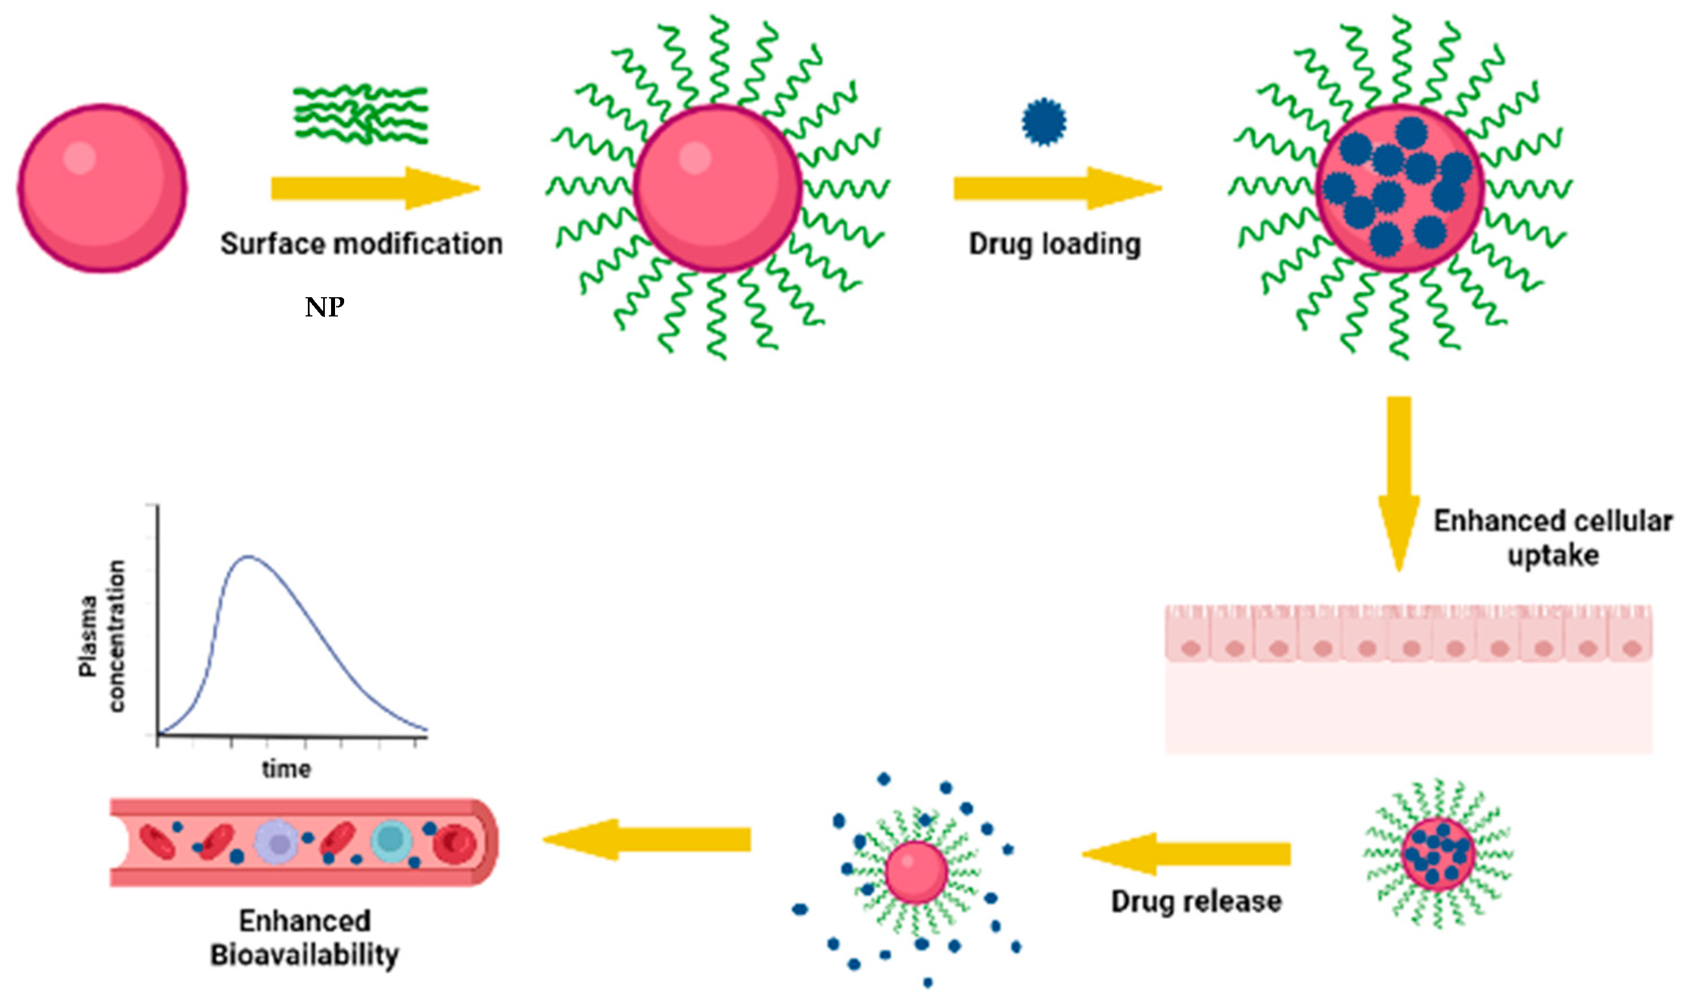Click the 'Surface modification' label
coord(361,244)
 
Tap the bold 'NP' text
coord(324,308)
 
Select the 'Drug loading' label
coord(1054,244)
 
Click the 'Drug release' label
coord(1196,902)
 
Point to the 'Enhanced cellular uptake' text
coord(1553,538)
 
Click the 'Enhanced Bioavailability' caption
coord(304,937)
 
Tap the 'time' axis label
coord(286,769)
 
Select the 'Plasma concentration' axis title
coord(102,636)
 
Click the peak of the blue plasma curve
coord(248,556)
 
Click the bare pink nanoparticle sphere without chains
coord(102,188)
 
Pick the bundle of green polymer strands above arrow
coord(361,114)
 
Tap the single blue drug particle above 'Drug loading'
coord(1044,122)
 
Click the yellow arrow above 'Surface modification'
coord(375,188)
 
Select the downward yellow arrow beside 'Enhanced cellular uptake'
coord(1398,481)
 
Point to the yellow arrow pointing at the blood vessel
coord(647,839)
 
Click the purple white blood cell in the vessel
coord(277,842)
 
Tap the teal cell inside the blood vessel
coord(391,840)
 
